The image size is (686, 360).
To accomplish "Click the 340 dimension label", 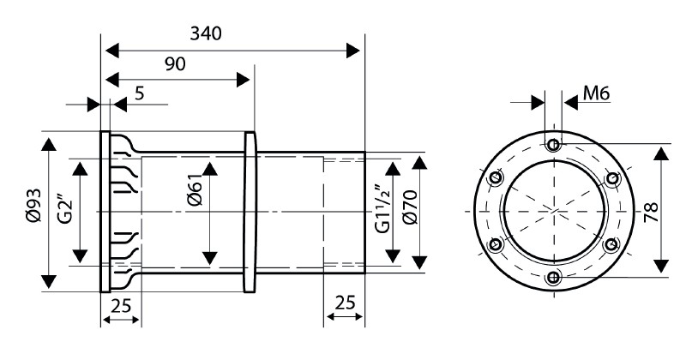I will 206,33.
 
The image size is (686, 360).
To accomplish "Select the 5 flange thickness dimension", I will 139,93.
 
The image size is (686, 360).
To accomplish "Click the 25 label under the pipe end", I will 344,304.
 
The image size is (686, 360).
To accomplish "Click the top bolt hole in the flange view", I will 554,143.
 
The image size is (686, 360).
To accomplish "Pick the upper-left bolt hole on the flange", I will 496,177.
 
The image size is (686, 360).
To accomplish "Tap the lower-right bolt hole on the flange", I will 611,244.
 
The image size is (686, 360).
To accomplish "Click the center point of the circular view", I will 554,210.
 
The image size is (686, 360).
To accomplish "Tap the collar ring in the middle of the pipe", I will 250,211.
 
